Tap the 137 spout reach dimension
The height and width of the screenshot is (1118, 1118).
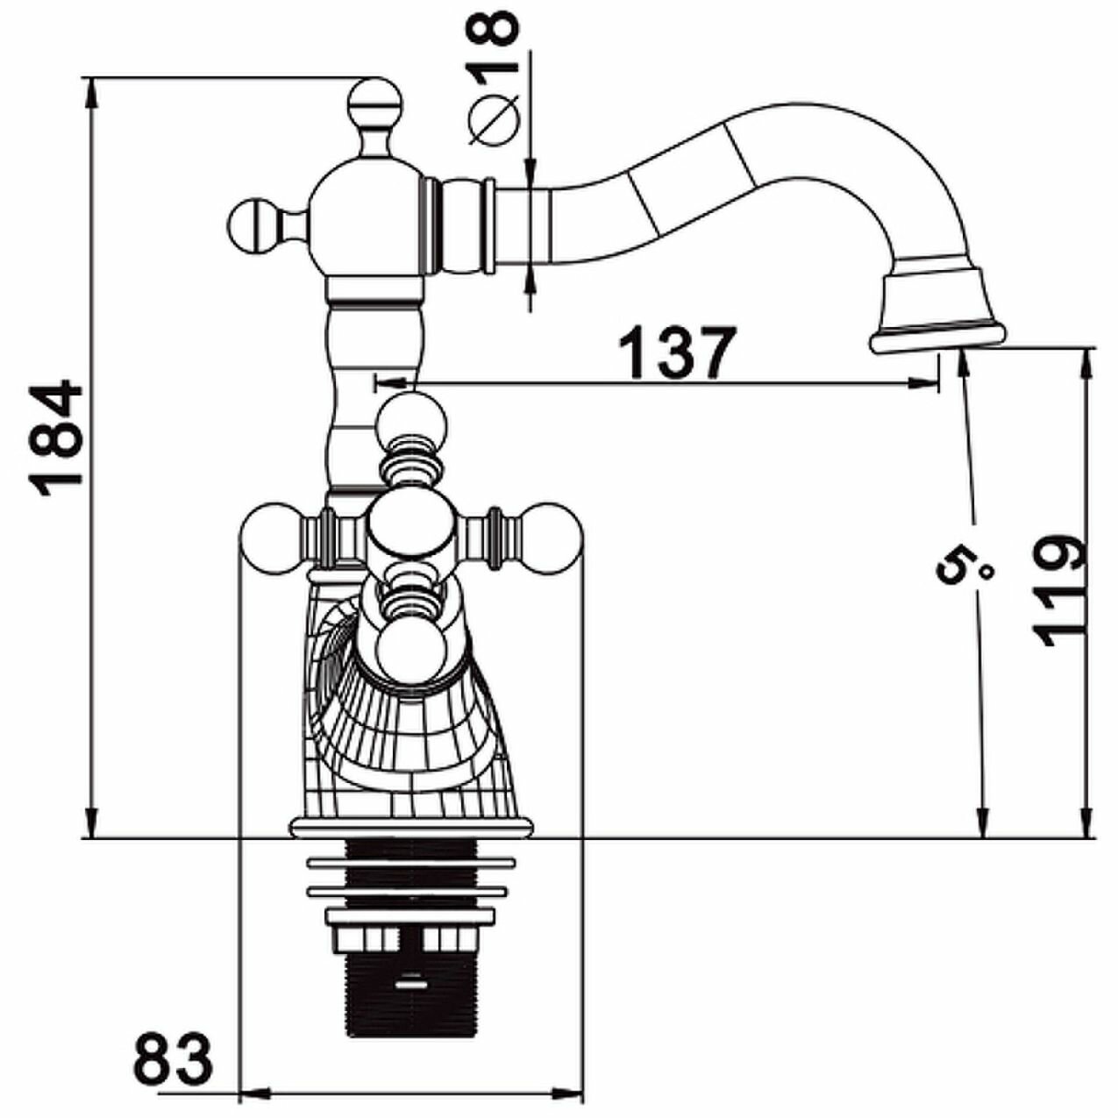click(675, 352)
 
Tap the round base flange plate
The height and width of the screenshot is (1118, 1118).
click(410, 826)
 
